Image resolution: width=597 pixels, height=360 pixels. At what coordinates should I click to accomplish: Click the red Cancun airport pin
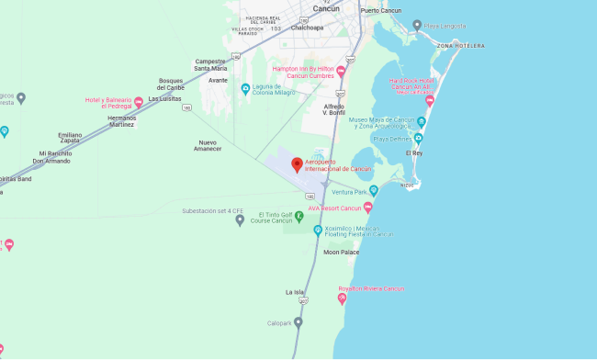tap(297, 164)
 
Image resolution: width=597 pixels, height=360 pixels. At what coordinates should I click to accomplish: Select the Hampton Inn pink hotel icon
tap(341, 71)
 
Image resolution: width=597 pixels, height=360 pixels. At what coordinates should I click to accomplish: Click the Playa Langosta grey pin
tap(417, 25)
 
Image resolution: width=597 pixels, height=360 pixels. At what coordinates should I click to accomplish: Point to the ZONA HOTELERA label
tap(460, 46)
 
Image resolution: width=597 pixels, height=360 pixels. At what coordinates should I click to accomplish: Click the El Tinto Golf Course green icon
tap(287, 216)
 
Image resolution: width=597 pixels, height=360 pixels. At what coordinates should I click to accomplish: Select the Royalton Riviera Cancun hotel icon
tap(343, 298)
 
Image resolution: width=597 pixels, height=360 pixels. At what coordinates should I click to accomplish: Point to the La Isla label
tap(295, 292)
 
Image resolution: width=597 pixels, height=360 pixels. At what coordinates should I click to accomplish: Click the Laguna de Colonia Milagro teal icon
tap(244, 88)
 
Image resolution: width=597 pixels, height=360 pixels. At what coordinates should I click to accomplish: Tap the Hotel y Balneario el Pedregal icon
tap(139, 102)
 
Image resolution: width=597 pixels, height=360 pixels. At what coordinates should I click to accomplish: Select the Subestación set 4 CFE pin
tap(240, 219)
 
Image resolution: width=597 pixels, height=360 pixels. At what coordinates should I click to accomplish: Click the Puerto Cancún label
tap(382, 10)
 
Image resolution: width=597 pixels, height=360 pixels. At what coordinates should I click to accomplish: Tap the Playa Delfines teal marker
tap(418, 138)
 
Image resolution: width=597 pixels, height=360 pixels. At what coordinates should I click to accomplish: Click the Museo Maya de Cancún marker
tap(422, 122)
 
